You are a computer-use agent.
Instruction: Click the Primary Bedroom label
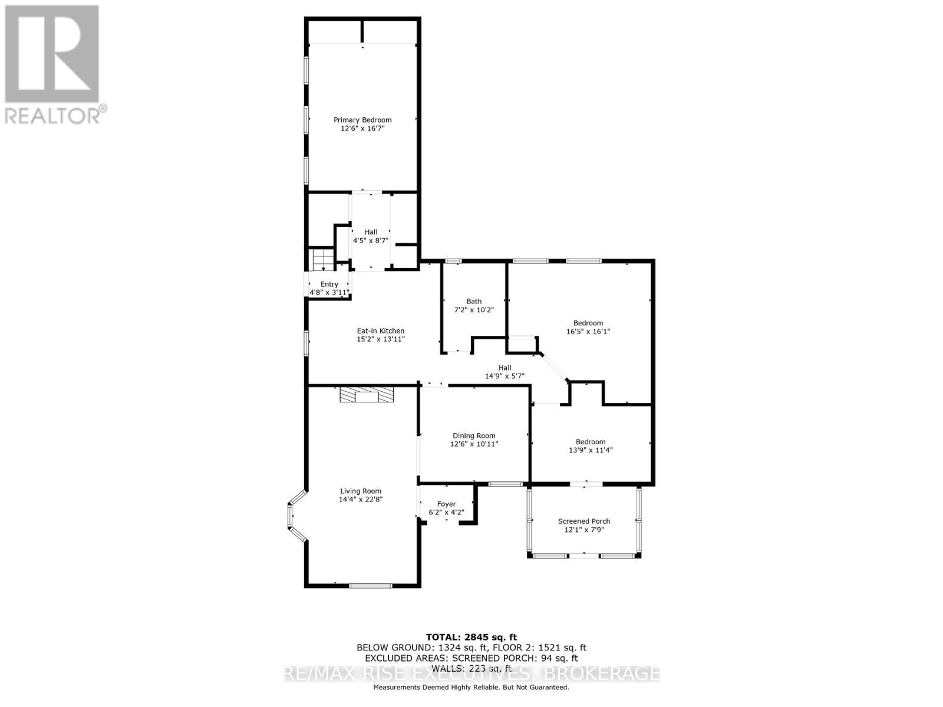coord(362,120)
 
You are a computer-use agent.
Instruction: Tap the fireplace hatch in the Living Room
coord(366,395)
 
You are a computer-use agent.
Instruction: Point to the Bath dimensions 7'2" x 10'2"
coord(474,310)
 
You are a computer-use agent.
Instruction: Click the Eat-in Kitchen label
coord(381,331)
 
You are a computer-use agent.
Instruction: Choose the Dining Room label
coord(474,436)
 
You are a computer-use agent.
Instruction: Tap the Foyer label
coord(446,504)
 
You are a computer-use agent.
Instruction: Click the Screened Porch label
coord(584,521)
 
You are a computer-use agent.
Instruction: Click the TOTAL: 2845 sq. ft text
coord(471,637)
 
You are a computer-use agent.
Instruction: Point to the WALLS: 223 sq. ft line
coord(471,669)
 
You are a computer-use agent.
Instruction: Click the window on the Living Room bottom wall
coord(371,586)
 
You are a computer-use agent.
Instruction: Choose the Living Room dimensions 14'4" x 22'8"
coord(361,500)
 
